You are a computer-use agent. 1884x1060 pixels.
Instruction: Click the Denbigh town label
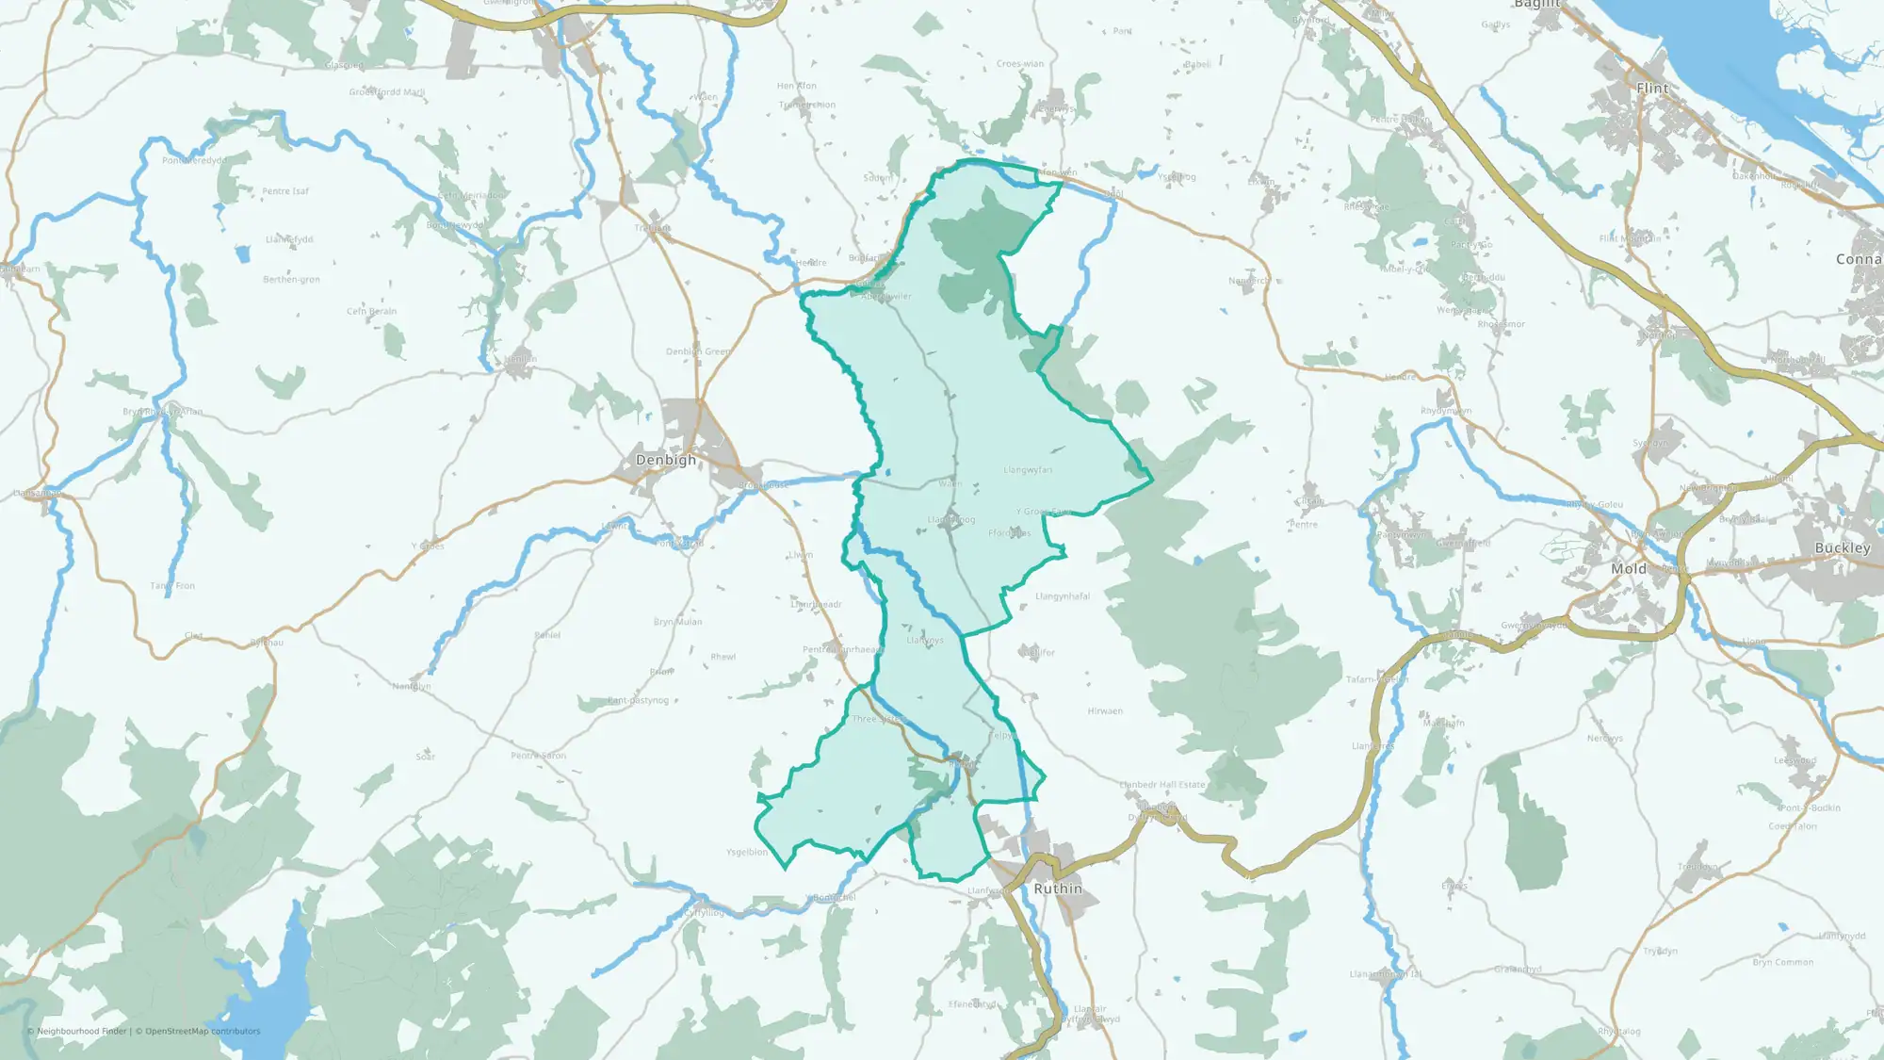point(666,460)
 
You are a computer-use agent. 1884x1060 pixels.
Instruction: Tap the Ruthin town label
point(1058,889)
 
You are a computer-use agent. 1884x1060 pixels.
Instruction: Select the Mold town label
point(1629,569)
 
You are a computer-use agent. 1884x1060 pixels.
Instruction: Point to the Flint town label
point(1652,89)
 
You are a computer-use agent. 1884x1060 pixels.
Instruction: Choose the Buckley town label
point(1843,548)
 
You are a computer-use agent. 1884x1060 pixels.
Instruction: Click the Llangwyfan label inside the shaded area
point(1028,470)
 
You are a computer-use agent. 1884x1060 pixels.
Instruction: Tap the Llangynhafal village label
point(1063,596)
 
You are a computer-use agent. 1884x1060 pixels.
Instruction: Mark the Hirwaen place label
point(1105,711)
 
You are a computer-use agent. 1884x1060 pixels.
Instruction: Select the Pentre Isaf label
point(285,191)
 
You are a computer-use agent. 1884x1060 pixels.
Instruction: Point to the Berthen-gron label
point(291,280)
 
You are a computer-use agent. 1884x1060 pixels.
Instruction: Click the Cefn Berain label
point(371,311)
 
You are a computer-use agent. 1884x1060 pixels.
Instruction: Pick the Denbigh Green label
point(698,351)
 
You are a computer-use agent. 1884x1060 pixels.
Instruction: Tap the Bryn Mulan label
point(677,622)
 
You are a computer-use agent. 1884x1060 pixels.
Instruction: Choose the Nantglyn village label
point(412,687)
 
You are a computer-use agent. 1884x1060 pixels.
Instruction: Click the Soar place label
point(426,757)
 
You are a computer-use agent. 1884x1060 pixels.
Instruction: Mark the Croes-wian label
point(1020,64)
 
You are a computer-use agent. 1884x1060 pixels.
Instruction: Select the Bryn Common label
point(1782,963)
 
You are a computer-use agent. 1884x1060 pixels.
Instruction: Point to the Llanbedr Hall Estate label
point(1161,785)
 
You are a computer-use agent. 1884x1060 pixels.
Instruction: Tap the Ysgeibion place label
point(747,853)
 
